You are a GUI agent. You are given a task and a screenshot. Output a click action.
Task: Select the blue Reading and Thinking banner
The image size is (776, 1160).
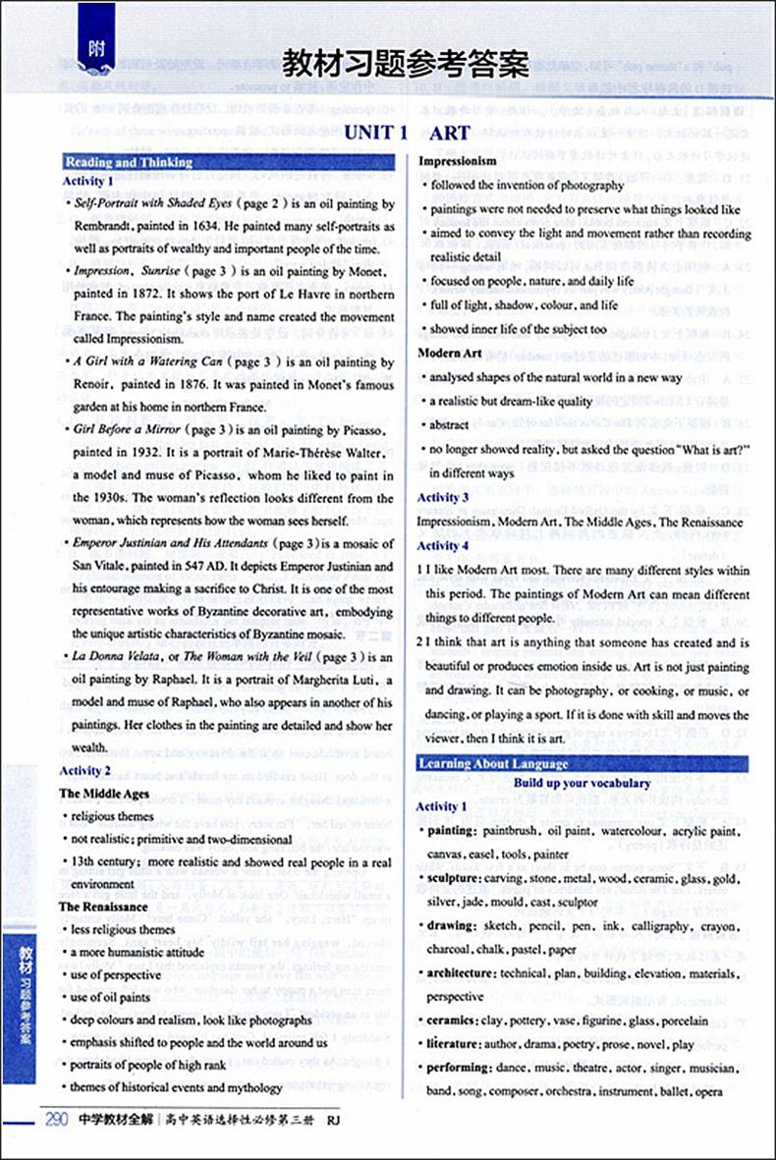click(x=128, y=163)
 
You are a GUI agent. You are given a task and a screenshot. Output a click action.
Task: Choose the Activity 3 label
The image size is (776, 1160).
click(x=443, y=498)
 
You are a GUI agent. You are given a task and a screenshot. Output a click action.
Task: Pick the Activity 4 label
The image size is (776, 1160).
click(x=443, y=545)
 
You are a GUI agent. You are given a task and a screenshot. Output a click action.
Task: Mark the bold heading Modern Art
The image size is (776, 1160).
click(x=451, y=353)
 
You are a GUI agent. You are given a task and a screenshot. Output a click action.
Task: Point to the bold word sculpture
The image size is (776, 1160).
click(x=457, y=877)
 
